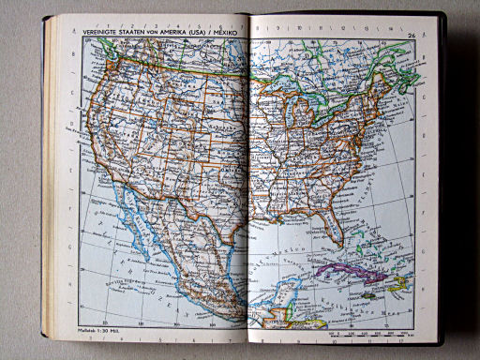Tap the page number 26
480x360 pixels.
pyautogui.click(x=412, y=35)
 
